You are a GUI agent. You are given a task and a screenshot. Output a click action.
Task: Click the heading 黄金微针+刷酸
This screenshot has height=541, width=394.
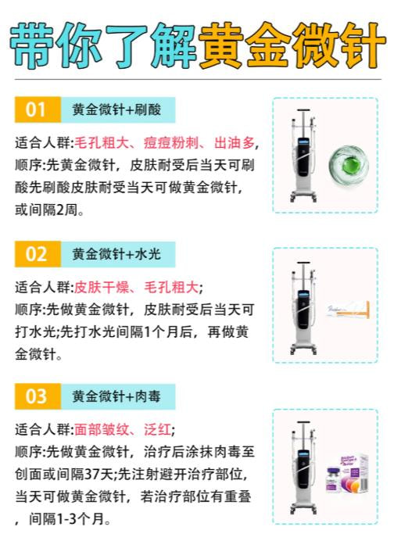(x=116, y=109)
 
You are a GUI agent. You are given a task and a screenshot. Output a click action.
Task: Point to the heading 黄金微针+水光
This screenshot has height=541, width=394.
(x=116, y=254)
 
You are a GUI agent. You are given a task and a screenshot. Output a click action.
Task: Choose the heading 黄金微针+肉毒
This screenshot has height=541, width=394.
(x=116, y=396)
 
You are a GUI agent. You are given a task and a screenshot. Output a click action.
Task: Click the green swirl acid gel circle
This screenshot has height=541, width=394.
(x=349, y=166)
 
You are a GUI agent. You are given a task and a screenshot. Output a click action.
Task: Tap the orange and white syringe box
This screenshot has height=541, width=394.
(x=349, y=310)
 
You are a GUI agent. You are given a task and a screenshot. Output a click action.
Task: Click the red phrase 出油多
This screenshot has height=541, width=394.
(x=235, y=143)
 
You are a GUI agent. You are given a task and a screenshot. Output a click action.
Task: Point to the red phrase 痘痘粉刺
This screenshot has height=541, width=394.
(x=170, y=143)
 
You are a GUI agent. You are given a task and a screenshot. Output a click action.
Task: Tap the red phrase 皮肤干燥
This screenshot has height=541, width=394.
(x=102, y=287)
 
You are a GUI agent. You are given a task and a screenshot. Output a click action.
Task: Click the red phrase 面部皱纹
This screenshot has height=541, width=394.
(x=102, y=429)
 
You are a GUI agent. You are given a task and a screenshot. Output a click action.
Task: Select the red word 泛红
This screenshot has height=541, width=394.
(x=157, y=429)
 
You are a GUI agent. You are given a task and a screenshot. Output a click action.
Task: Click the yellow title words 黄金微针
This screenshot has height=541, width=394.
(x=292, y=45)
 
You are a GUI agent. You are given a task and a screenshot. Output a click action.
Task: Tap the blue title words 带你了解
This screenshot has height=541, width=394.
(x=103, y=45)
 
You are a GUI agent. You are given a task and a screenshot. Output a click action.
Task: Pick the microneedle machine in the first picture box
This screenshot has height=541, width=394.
(x=303, y=156)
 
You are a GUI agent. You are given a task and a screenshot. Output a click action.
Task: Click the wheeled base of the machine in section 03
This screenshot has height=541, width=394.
(x=303, y=507)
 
